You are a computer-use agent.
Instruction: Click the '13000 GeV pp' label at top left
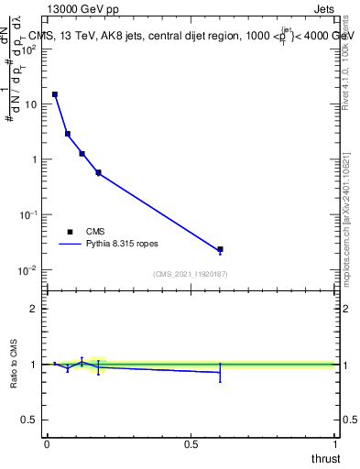coord(82,10)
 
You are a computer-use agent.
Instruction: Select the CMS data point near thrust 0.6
coord(220,249)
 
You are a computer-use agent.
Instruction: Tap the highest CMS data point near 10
coord(55,94)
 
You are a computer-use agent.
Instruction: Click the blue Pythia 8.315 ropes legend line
coord(71,245)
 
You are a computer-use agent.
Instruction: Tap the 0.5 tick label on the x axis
coord(191,443)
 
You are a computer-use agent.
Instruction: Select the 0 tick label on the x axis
coord(47,443)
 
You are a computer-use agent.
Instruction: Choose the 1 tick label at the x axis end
coord(335,443)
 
